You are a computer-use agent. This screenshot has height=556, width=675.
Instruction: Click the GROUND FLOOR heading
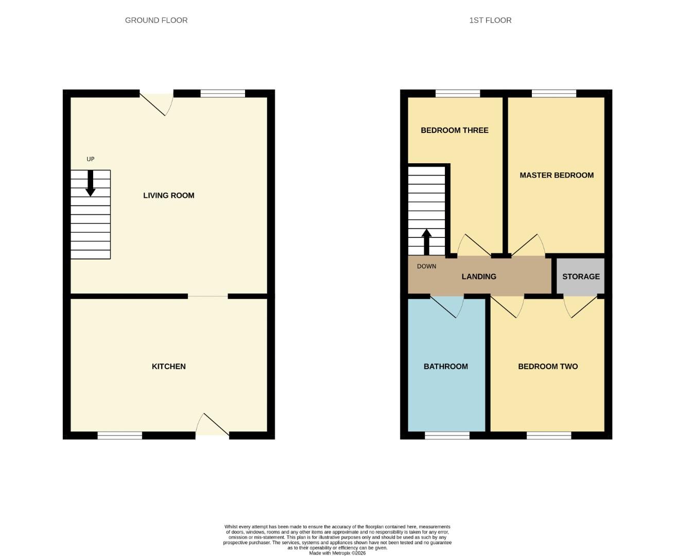[156, 20]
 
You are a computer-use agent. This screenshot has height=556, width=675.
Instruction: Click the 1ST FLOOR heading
[490, 20]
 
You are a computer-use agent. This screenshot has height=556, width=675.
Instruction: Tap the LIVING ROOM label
[168, 196]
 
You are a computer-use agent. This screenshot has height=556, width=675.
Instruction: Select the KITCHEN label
[168, 367]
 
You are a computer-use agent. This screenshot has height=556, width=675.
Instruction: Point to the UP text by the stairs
[91, 159]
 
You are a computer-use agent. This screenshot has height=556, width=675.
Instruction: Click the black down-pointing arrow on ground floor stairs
[91, 184]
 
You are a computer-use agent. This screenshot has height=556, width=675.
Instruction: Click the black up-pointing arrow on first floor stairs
[426, 241]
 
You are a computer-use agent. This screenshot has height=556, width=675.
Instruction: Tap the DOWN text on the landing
[426, 266]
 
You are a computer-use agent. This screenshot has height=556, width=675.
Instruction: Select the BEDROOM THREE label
[454, 130]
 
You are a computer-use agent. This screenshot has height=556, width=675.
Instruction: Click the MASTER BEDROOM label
[557, 175]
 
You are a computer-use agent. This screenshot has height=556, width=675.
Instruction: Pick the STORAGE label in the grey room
[581, 276]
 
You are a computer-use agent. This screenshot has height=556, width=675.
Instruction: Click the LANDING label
[479, 276]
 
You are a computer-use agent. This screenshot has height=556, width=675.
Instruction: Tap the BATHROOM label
[445, 367]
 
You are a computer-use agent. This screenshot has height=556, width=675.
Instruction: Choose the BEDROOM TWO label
[548, 367]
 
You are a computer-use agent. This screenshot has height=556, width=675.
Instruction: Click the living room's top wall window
[222, 93]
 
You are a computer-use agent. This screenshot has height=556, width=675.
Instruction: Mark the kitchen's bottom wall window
[119, 436]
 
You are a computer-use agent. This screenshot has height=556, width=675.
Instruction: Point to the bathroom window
[447, 436]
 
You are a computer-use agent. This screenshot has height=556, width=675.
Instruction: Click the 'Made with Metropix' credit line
[337, 553]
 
